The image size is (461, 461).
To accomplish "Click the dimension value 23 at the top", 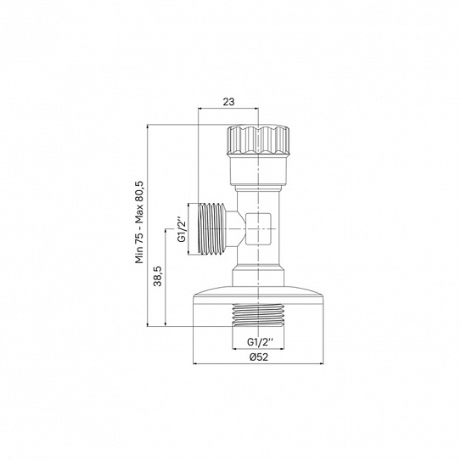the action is (x=228, y=102).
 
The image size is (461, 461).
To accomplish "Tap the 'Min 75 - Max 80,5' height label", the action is (x=139, y=222).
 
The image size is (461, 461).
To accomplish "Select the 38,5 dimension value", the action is (x=158, y=276).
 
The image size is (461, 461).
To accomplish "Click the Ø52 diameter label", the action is (x=259, y=357).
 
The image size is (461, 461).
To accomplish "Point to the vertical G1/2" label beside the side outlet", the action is (x=183, y=229).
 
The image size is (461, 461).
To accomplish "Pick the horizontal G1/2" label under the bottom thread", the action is (x=260, y=342).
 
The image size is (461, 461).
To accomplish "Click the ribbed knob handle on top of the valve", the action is (x=258, y=140).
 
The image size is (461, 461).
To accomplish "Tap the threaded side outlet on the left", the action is (x=211, y=228).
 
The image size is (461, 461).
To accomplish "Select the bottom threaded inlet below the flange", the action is (x=258, y=315).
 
